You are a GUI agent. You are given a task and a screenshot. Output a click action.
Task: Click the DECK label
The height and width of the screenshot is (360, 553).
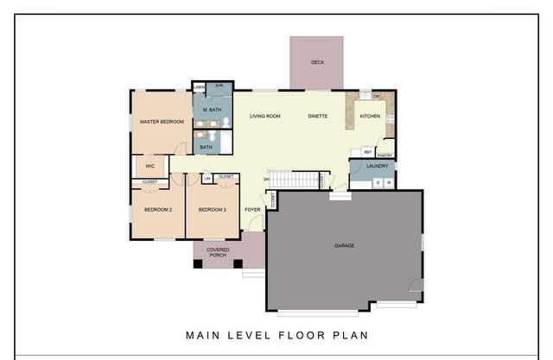click(317, 62)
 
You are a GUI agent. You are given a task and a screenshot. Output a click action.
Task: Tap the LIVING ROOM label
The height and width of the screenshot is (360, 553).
click(266, 116)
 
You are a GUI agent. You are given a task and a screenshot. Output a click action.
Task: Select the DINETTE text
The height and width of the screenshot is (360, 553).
click(317, 116)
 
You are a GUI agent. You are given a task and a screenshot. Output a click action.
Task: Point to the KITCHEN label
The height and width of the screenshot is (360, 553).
click(370, 116)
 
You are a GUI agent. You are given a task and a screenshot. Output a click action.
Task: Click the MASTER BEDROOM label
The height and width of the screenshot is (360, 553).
click(162, 123)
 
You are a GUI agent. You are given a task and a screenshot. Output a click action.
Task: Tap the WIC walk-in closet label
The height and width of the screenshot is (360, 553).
click(149, 165)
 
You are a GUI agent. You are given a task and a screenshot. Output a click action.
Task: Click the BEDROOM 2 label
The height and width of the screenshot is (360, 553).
click(158, 210)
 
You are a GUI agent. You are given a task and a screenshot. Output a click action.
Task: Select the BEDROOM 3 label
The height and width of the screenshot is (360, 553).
click(212, 210)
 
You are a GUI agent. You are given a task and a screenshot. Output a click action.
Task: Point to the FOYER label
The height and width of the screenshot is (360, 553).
click(252, 210)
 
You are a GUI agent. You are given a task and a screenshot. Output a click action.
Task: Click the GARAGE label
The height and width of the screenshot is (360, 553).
click(345, 246)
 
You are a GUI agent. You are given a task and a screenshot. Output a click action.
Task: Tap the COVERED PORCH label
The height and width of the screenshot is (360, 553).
click(218, 252)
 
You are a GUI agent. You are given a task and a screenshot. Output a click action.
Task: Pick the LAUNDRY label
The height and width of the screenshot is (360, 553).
click(377, 166)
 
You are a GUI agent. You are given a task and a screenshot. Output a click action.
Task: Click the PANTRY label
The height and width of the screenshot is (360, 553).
click(385, 155)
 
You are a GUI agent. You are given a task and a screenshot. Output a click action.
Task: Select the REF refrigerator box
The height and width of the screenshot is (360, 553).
click(355, 152)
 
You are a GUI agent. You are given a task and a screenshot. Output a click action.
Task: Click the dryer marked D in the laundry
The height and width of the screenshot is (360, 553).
click(378, 182)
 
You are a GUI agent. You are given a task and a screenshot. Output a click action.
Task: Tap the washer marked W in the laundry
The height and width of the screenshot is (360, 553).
click(389, 182)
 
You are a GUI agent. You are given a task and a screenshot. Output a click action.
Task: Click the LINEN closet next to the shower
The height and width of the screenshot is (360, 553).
click(199, 87)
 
